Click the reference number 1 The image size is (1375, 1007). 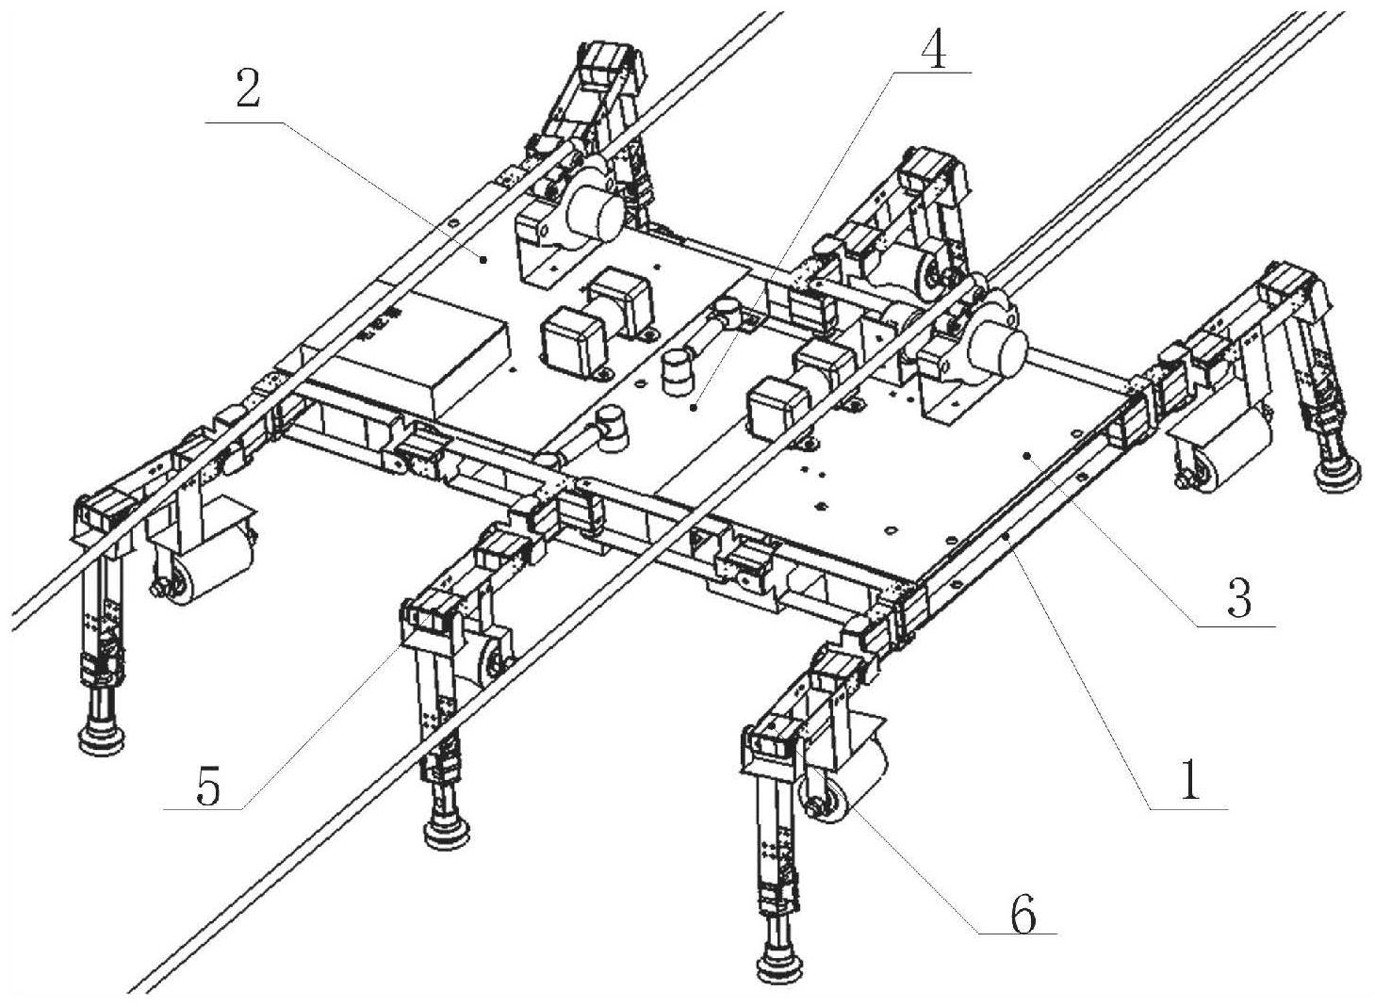pos(1190,782)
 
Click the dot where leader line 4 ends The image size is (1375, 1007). pos(693,407)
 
